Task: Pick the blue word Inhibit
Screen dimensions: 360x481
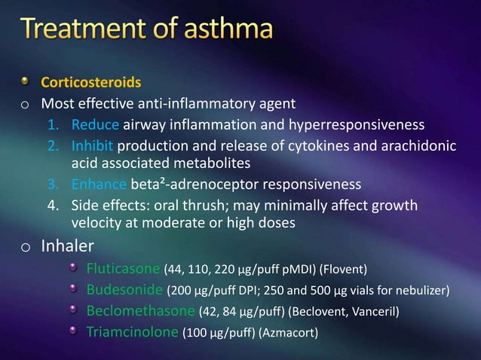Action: (93, 146)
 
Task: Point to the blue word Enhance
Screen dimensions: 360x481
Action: (99, 185)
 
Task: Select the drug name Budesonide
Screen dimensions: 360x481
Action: (120, 290)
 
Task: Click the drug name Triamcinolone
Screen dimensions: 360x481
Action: (132, 331)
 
